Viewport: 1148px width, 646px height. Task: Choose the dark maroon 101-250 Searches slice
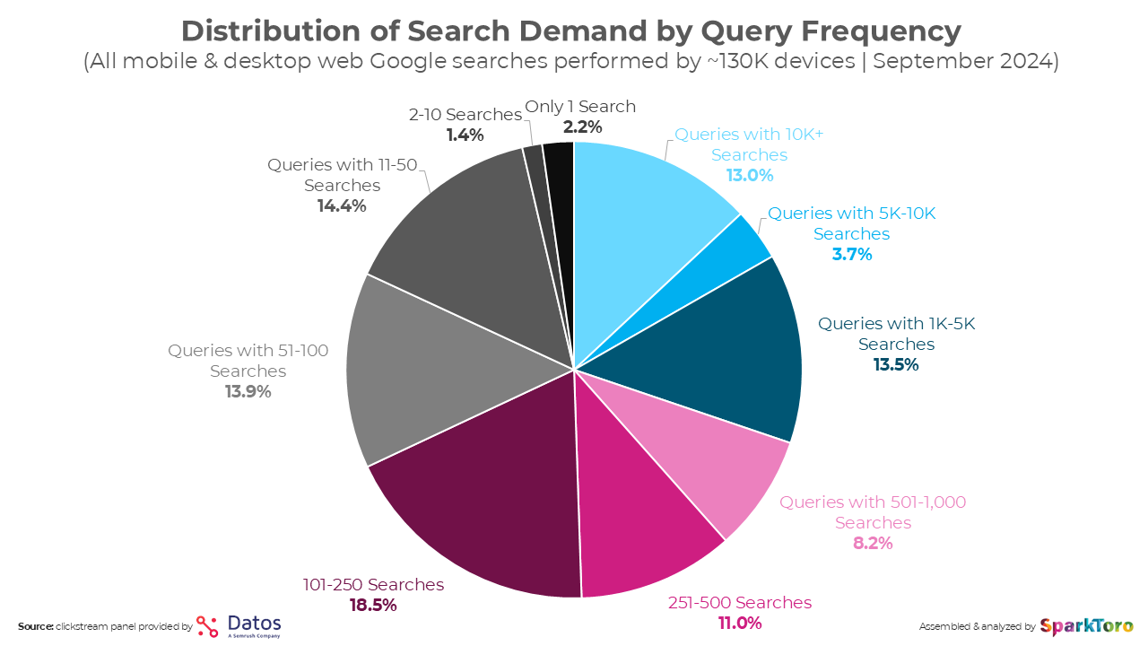point(484,502)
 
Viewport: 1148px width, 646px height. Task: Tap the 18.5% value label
point(373,606)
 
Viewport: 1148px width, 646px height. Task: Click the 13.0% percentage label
point(750,175)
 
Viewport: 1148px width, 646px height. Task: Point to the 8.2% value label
point(873,543)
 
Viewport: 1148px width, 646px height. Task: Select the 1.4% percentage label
point(465,135)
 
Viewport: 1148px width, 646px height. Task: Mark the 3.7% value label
point(851,254)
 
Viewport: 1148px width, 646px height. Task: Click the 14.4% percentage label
point(342,205)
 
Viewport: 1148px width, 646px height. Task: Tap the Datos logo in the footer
point(239,625)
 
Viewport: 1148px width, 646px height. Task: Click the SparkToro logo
point(1086,625)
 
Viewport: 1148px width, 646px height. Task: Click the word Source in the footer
point(35,625)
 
